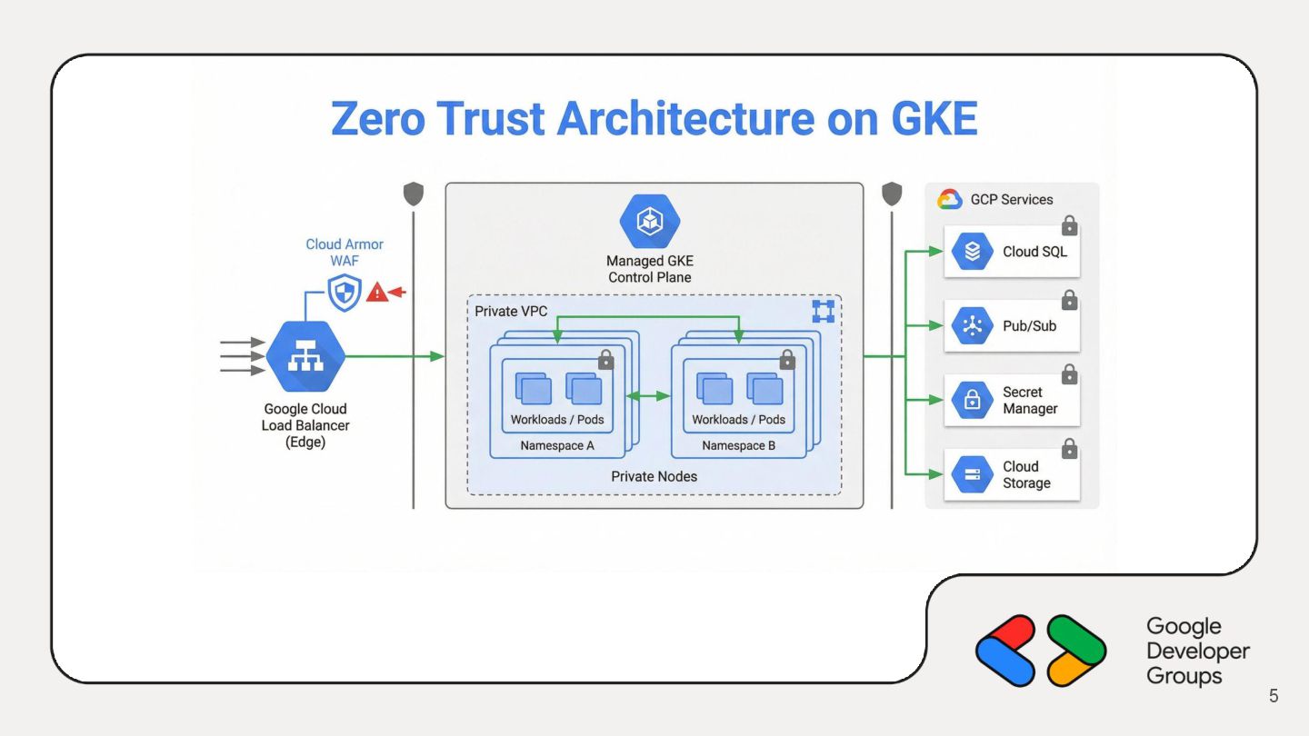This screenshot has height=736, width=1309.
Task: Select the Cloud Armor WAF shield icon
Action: coord(345,293)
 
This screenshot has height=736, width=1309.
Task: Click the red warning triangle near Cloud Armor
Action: coord(376,293)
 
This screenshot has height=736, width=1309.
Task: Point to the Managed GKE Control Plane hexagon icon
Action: coord(649,222)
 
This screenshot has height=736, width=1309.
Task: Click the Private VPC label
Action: coord(511,312)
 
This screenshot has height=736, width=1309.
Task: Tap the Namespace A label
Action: coord(557,446)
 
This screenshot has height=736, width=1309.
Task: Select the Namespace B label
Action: coord(739,446)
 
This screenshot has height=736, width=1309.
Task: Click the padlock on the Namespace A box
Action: coord(606,361)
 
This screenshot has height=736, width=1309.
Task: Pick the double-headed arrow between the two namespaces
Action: coord(649,396)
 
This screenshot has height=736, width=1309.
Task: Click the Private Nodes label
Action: coord(654,476)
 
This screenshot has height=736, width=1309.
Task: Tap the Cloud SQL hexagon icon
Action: coord(972,252)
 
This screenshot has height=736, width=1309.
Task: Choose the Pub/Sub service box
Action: coord(1012,325)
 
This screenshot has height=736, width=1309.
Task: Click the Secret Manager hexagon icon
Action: coord(972,400)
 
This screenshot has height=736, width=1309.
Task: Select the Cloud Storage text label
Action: coord(1026,474)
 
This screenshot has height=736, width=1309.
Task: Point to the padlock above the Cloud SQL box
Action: coord(1070,224)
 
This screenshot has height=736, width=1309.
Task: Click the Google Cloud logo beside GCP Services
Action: coord(950,199)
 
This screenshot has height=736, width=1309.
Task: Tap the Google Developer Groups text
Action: coord(1197,651)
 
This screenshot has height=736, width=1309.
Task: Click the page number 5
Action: coord(1274,696)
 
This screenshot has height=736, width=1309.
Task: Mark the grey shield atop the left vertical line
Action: coord(414,194)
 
